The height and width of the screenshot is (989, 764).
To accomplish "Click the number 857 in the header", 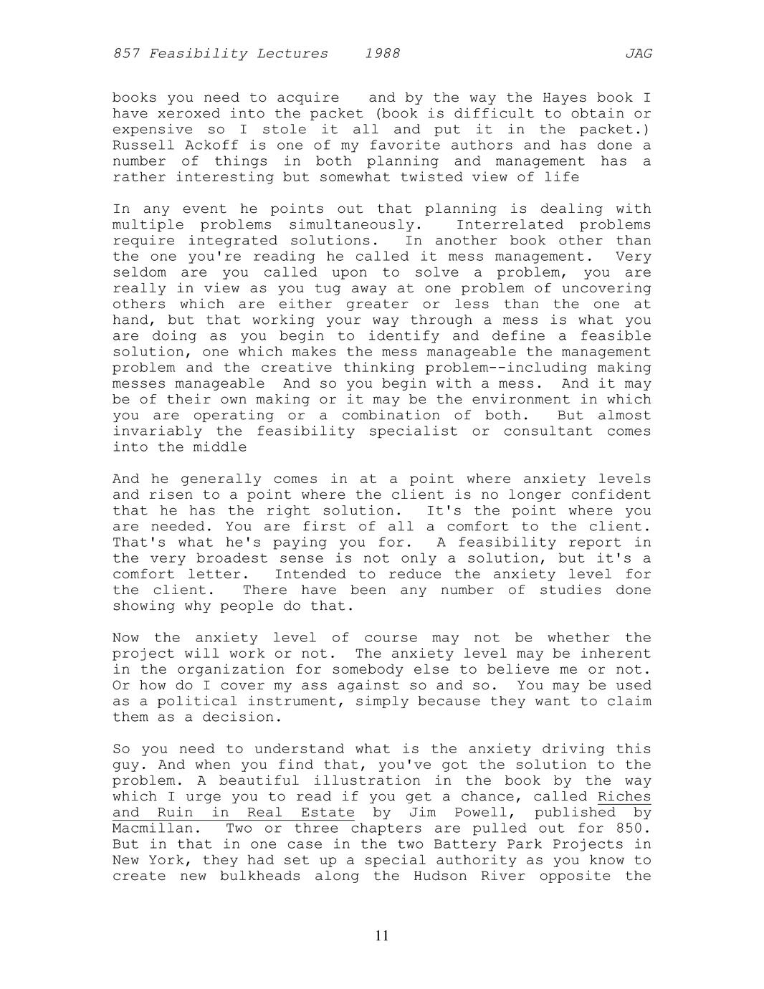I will pyautogui.click(x=127, y=54).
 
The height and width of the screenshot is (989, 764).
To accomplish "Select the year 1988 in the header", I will pyautogui.click(x=382, y=54).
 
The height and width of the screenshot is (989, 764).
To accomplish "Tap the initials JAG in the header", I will pyautogui.click(x=638, y=54).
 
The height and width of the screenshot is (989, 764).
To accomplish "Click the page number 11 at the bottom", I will pyautogui.click(x=382, y=935).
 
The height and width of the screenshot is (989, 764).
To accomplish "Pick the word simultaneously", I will pyautogui.click(x=351, y=225).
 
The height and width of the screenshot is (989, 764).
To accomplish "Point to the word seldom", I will pyautogui.click(x=139, y=273).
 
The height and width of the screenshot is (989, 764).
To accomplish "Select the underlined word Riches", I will pyautogui.click(x=624, y=797).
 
